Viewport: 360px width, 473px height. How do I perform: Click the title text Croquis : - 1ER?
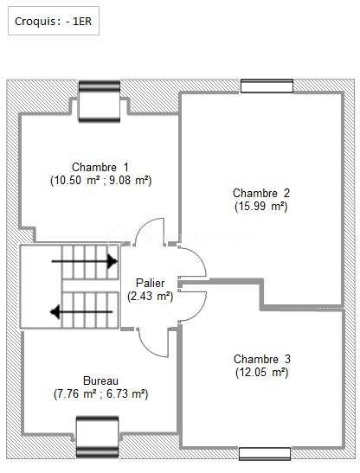tap(53, 22)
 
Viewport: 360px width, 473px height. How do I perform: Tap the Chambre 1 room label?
tap(100, 168)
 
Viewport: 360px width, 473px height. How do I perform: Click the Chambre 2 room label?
tap(260, 193)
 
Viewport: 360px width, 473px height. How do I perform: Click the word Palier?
tap(150, 284)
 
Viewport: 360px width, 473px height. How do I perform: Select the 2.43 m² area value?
tap(150, 296)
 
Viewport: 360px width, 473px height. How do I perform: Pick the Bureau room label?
tap(100, 380)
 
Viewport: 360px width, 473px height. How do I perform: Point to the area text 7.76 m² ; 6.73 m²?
tap(100, 393)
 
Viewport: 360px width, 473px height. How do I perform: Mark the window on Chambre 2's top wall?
tap(267, 86)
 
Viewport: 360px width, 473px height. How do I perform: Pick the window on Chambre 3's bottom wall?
tap(265, 452)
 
